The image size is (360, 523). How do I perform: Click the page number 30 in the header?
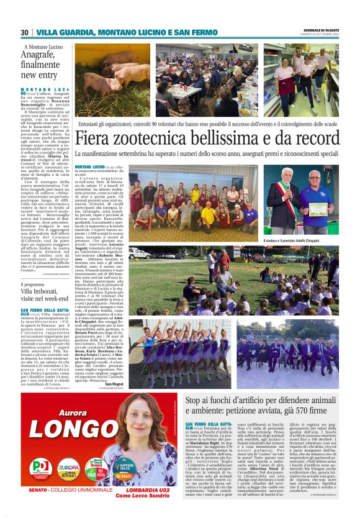coord(25,32)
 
